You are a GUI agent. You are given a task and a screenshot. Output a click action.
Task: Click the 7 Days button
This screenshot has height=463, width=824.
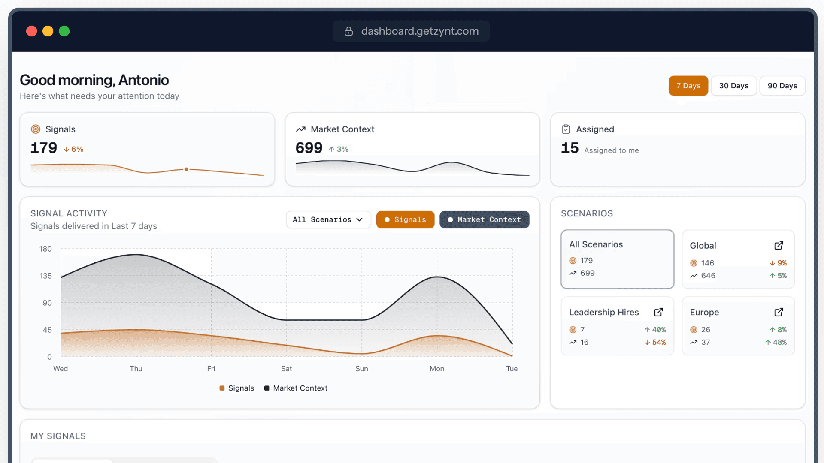(x=688, y=86)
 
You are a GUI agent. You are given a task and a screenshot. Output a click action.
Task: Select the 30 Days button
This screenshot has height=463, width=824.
(x=733, y=86)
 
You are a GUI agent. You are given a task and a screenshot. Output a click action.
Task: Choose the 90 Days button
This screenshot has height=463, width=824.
(x=782, y=86)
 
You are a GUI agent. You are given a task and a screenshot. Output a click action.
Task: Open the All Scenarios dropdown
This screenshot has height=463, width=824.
(x=328, y=220)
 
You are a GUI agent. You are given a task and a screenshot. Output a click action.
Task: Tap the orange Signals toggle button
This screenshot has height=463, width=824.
(x=405, y=220)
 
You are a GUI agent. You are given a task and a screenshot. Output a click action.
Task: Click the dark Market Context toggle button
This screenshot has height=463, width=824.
(x=484, y=220)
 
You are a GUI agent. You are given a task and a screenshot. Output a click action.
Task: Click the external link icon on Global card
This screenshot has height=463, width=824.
(x=779, y=246)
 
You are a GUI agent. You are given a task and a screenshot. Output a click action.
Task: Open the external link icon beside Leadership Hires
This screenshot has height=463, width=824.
(x=658, y=312)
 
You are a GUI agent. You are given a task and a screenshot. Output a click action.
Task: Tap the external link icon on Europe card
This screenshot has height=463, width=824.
(x=779, y=312)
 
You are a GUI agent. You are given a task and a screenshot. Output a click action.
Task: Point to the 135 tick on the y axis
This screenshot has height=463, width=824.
(x=45, y=276)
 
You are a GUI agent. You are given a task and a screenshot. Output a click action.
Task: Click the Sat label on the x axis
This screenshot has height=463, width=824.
(x=286, y=369)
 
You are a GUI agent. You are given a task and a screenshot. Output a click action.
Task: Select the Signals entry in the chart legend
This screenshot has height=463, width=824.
(x=237, y=388)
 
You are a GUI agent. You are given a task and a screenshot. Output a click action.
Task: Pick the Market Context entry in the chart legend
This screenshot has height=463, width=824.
(x=296, y=388)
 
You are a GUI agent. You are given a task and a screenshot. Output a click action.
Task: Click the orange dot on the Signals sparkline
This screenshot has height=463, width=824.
(x=186, y=169)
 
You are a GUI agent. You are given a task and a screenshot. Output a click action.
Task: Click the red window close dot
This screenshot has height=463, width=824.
(x=31, y=31)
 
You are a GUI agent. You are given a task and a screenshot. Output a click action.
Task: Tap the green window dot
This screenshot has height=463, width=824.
(x=64, y=31)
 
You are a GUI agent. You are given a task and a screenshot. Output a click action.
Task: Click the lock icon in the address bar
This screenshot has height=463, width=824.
(x=348, y=31)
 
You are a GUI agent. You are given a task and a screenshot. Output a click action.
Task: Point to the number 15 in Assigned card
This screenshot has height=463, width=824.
(x=570, y=148)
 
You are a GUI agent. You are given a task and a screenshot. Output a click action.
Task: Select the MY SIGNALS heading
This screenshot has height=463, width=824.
(x=58, y=436)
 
